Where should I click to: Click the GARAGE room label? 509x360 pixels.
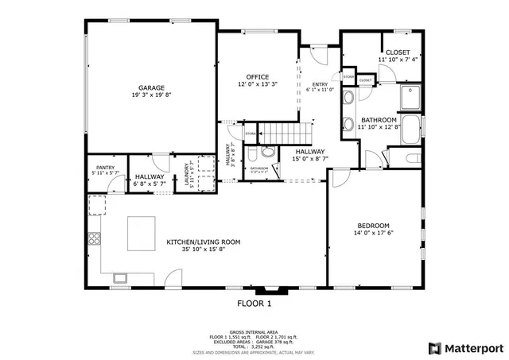click(151, 87)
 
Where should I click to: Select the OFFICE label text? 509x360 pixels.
click(257, 76)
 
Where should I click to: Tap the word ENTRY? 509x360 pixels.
click(319, 85)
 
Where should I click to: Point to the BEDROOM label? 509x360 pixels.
click(372, 225)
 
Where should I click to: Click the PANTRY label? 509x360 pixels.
click(105, 167)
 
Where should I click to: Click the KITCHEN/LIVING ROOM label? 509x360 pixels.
click(203, 242)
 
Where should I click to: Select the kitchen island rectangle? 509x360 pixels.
click(142, 234)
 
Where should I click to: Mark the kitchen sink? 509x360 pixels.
click(121, 277)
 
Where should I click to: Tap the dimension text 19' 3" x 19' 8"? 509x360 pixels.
click(151, 95)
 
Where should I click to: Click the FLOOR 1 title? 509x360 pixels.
click(254, 303)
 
